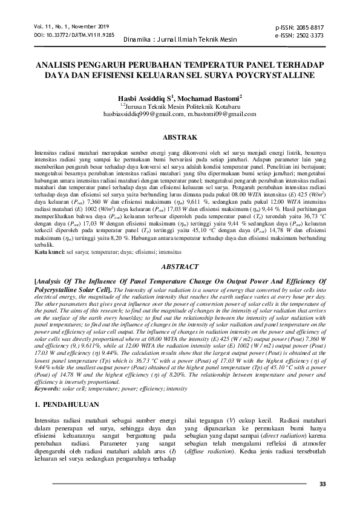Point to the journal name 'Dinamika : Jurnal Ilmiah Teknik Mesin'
click(x=179, y=40)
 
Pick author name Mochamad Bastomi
click(x=211, y=97)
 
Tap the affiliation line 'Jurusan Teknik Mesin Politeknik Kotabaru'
click(x=182, y=105)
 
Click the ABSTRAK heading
click(x=179, y=138)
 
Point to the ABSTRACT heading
click(x=179, y=266)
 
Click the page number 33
click(x=322, y=484)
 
